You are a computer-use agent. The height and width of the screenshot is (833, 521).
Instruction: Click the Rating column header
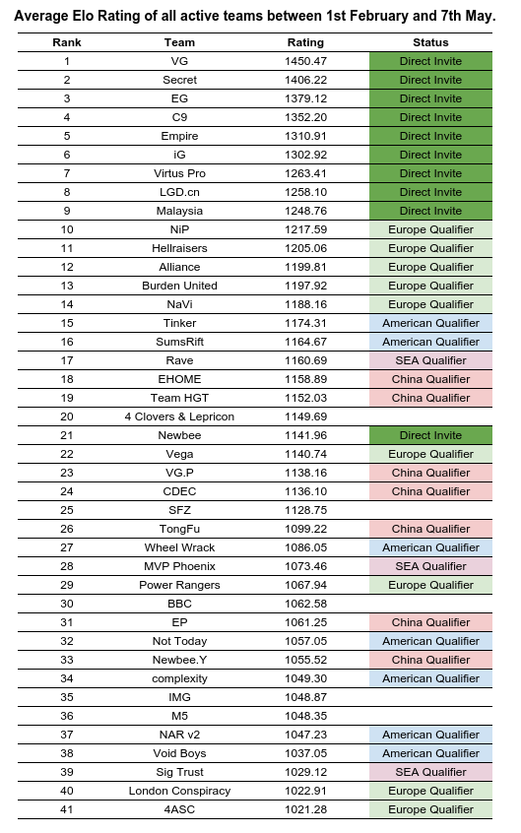pyautogui.click(x=304, y=42)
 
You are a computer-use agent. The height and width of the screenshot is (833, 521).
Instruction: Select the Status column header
pyautogui.click(x=430, y=42)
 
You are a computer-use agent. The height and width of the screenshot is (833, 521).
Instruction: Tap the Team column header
pyautogui.click(x=179, y=42)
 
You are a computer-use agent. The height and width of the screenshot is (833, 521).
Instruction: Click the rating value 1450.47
pyautogui.click(x=305, y=61)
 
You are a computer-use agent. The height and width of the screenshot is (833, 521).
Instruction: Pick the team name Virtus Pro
pyautogui.click(x=179, y=173)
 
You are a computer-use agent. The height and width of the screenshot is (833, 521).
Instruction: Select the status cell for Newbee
pyautogui.click(x=430, y=435)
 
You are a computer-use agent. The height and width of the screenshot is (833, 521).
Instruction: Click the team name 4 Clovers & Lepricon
pyautogui.click(x=179, y=416)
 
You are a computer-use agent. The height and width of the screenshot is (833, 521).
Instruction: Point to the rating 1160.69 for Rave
pyautogui.click(x=305, y=360)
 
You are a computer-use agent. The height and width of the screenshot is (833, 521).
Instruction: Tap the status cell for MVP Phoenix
pyautogui.click(x=430, y=566)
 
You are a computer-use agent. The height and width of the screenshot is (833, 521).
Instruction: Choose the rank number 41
pyautogui.click(x=67, y=809)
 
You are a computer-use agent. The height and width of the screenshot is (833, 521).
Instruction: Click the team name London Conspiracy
pyautogui.click(x=179, y=791)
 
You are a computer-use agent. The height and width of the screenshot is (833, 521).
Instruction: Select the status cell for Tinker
pyautogui.click(x=430, y=323)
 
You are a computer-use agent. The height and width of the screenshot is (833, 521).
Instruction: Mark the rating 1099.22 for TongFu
pyautogui.click(x=305, y=529)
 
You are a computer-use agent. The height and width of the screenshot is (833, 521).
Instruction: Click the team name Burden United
pyautogui.click(x=179, y=286)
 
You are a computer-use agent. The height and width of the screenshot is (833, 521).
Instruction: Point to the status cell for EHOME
pyautogui.click(x=430, y=379)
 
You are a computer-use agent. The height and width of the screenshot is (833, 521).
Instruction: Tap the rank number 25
pyautogui.click(x=67, y=510)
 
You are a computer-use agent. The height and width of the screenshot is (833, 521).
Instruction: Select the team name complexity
pyautogui.click(x=179, y=678)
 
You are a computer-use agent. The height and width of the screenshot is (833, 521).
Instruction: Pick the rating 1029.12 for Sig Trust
pyautogui.click(x=305, y=772)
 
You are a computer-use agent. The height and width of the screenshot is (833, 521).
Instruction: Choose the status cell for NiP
pyautogui.click(x=430, y=229)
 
